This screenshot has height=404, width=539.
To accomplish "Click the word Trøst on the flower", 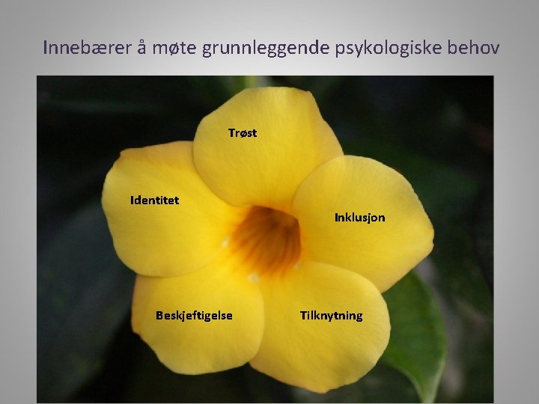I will [242, 133].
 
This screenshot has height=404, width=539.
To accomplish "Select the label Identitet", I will [154, 201].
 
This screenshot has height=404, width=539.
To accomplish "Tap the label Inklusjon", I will [359, 218].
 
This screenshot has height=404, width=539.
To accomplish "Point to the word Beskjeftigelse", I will [194, 315].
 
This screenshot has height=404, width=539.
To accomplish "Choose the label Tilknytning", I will [331, 315].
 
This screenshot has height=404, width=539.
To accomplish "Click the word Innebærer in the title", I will [85, 48].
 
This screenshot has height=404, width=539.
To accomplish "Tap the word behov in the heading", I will [474, 48].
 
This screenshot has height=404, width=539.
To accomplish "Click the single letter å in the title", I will [141, 48].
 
